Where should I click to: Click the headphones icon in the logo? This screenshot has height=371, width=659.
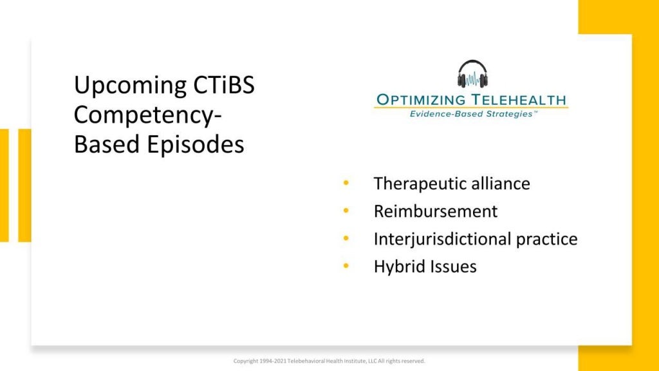472,74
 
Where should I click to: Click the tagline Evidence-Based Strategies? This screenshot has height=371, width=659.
472,114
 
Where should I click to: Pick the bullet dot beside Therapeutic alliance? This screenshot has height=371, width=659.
347,183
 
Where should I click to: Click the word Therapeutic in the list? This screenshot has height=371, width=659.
419,184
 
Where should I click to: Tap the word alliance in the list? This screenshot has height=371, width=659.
500,184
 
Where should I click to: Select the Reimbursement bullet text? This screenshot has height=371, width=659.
436,211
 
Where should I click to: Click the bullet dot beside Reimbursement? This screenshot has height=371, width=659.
347,211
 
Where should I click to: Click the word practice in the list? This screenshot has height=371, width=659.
547,240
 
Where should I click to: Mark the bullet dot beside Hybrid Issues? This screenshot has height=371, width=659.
347,265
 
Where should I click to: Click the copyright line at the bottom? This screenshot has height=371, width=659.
329,361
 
